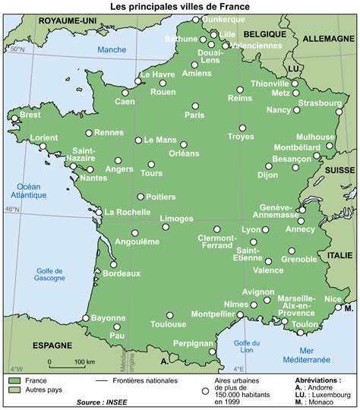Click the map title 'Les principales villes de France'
pos(179,6)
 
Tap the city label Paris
pos(195,115)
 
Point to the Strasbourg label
pos(319,102)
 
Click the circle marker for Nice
pos(339,307)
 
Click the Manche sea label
pos(112,50)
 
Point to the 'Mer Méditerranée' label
pos(316,355)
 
